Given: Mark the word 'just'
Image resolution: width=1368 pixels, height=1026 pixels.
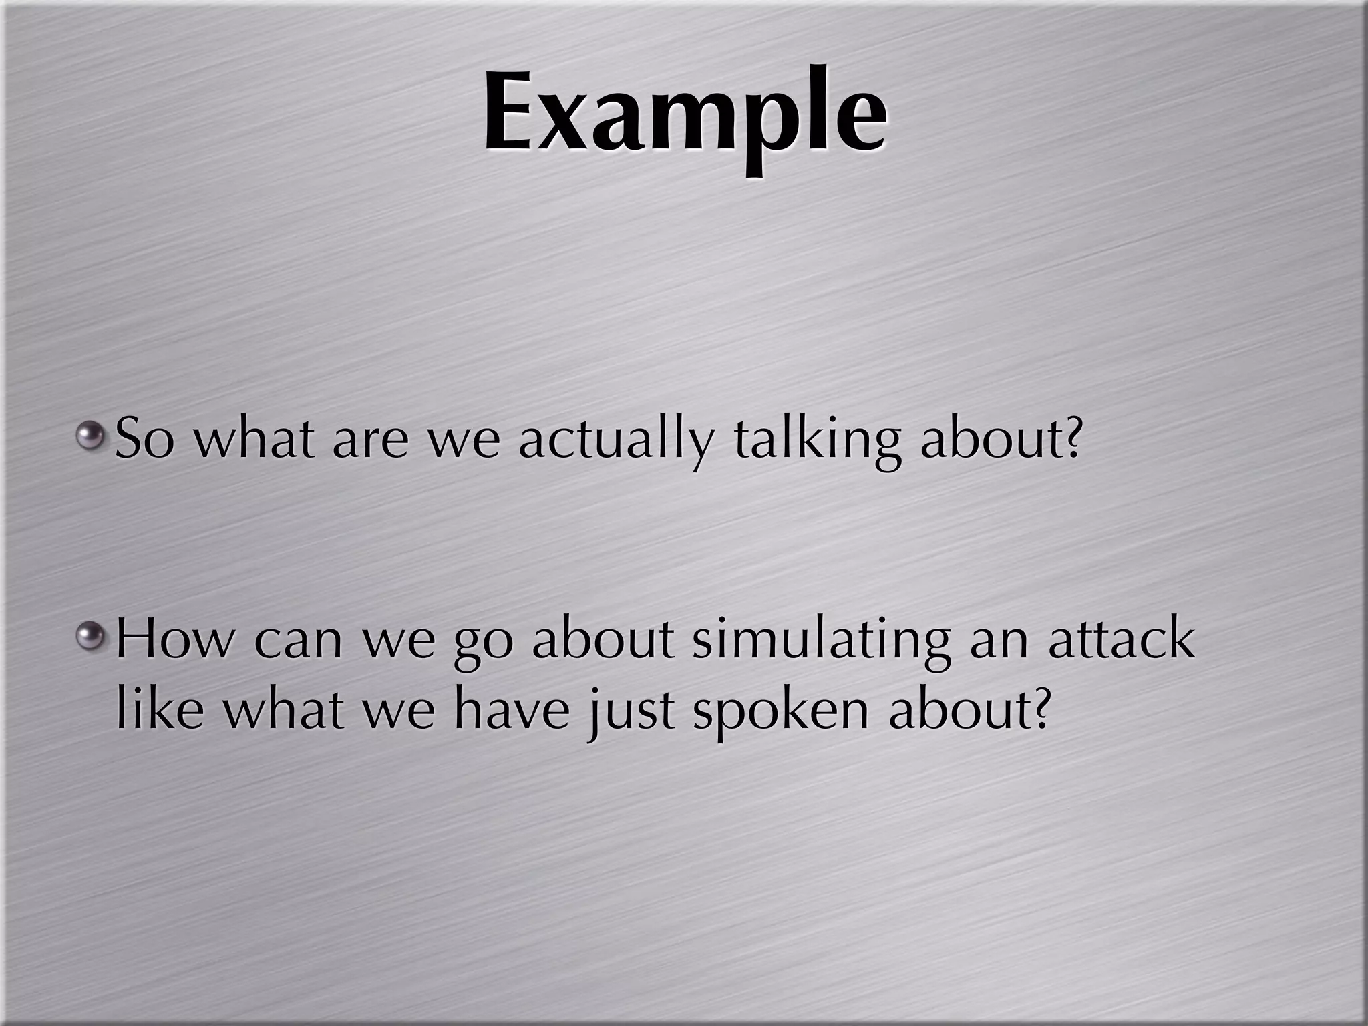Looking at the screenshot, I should pos(631,713).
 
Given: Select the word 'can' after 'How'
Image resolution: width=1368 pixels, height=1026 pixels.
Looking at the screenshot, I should pos(298,641).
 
